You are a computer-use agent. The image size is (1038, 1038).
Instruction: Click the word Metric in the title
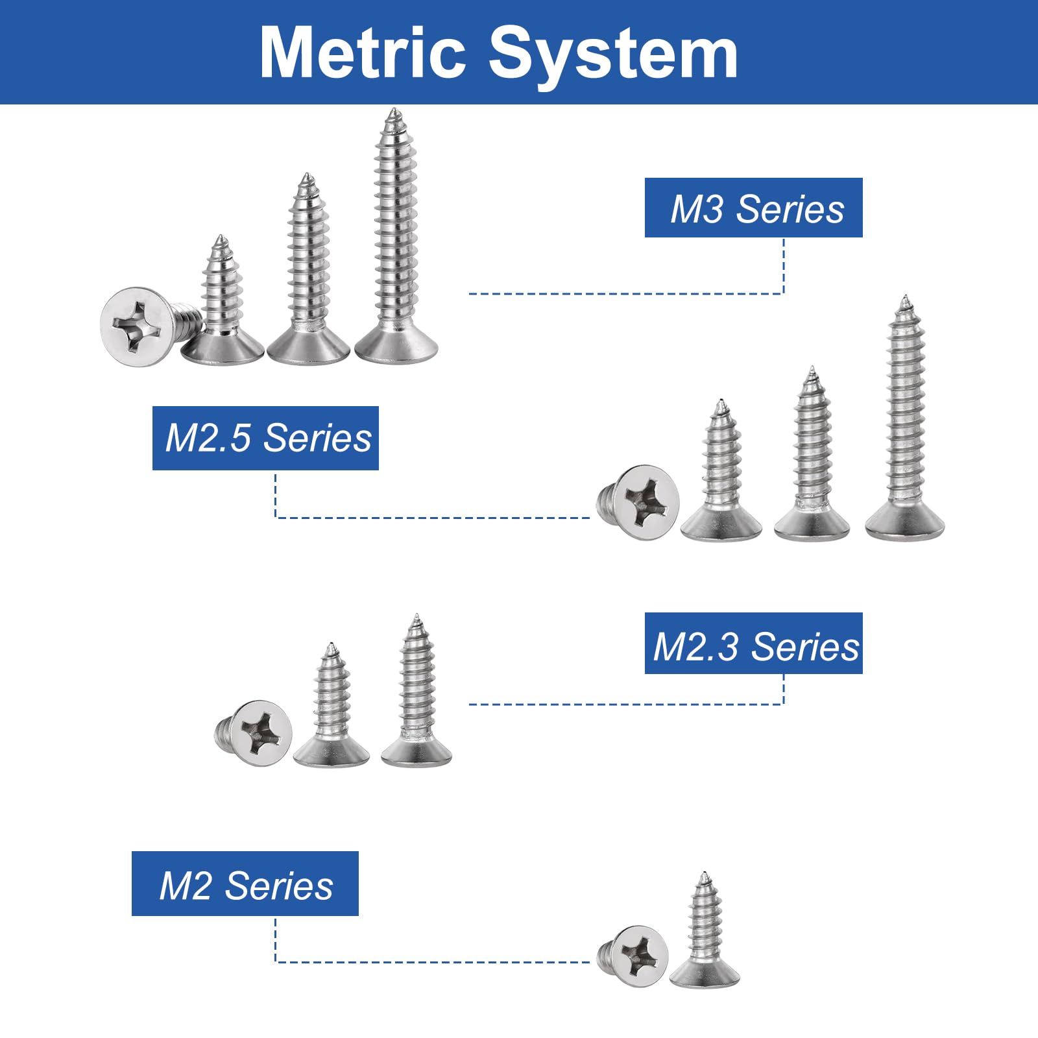click(363, 53)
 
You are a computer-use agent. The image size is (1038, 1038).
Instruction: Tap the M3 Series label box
click(753, 208)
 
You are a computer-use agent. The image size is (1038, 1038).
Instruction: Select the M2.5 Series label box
click(265, 438)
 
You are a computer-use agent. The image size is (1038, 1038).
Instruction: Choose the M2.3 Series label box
click(753, 643)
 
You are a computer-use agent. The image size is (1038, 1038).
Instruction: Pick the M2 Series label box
click(245, 884)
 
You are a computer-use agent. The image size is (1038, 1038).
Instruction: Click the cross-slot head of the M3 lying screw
click(139, 327)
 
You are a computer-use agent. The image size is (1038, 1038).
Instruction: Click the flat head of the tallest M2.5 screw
click(905, 522)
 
